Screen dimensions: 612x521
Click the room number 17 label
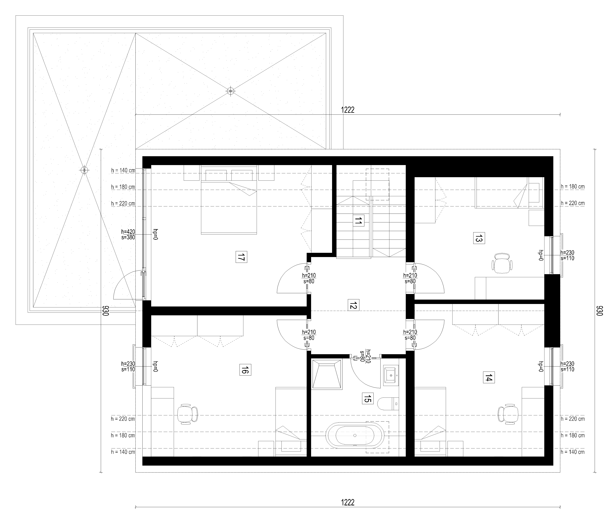(241, 257)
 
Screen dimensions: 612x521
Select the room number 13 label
(479, 238)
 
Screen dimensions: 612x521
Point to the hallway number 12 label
(353, 305)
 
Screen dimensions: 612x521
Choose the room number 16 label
(245, 369)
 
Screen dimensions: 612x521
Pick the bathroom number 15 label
(367, 399)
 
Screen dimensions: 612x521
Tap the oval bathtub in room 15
(355, 436)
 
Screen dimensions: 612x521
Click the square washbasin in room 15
(391, 375)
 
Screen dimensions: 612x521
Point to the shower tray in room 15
(327, 373)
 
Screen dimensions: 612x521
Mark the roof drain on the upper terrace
(230, 91)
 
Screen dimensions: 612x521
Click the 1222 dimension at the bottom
(348, 502)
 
